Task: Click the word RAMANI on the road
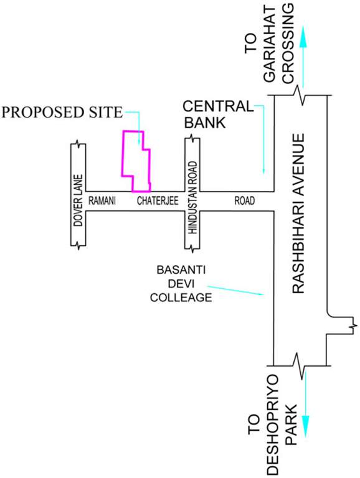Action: [x=103, y=200]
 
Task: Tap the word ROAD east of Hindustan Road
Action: [x=244, y=200]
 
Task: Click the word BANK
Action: [x=206, y=122]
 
